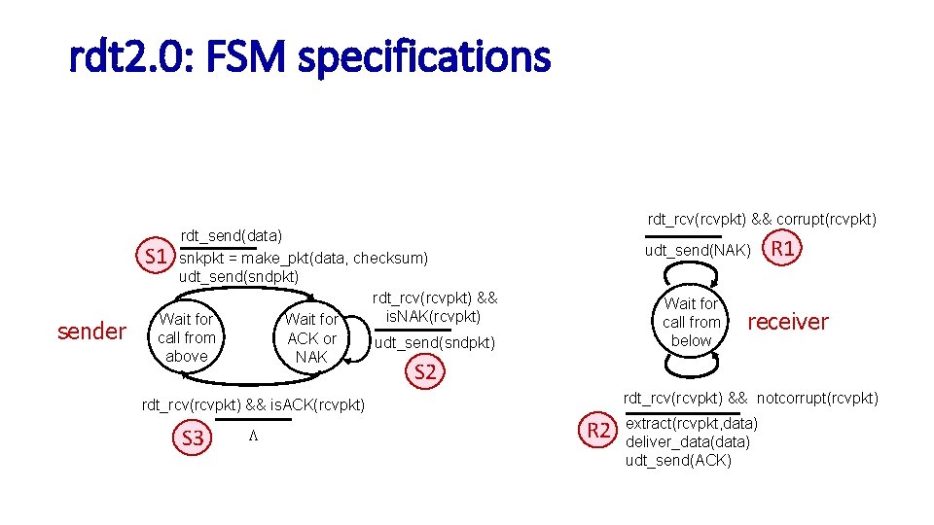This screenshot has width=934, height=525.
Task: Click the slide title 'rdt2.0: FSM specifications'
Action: coord(309,57)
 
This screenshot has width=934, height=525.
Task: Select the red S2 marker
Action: coord(425,371)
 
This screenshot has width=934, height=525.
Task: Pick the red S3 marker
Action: coord(193,438)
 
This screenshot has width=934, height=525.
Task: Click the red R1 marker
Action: coord(783,249)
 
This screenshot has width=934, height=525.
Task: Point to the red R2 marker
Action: coord(599,430)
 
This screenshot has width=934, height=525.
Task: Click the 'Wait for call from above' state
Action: coord(187,337)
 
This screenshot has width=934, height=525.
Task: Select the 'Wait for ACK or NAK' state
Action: coord(311,337)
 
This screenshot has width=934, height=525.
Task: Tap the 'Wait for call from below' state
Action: coord(691,322)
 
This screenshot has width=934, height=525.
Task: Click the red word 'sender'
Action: coord(91,332)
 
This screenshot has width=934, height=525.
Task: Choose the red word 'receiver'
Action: coord(787,321)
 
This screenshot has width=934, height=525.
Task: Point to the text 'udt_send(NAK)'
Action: coord(698,251)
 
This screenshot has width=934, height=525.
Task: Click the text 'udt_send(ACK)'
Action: coord(678,460)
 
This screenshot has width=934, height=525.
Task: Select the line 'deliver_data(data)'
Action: coord(687,441)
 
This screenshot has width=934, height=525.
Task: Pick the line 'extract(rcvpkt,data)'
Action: coord(691,423)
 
